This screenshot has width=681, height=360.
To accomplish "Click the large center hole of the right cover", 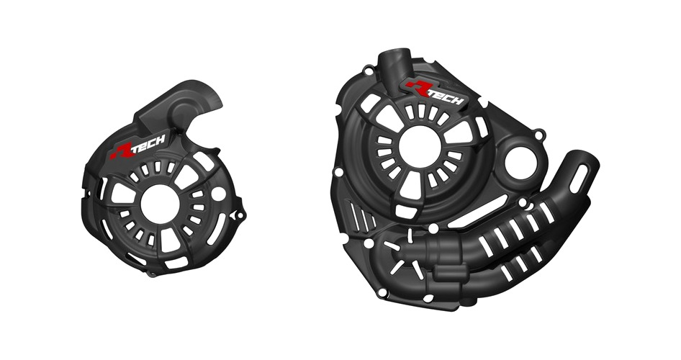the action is point(420,148).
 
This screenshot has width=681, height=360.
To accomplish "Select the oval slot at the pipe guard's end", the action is point(579,179).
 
